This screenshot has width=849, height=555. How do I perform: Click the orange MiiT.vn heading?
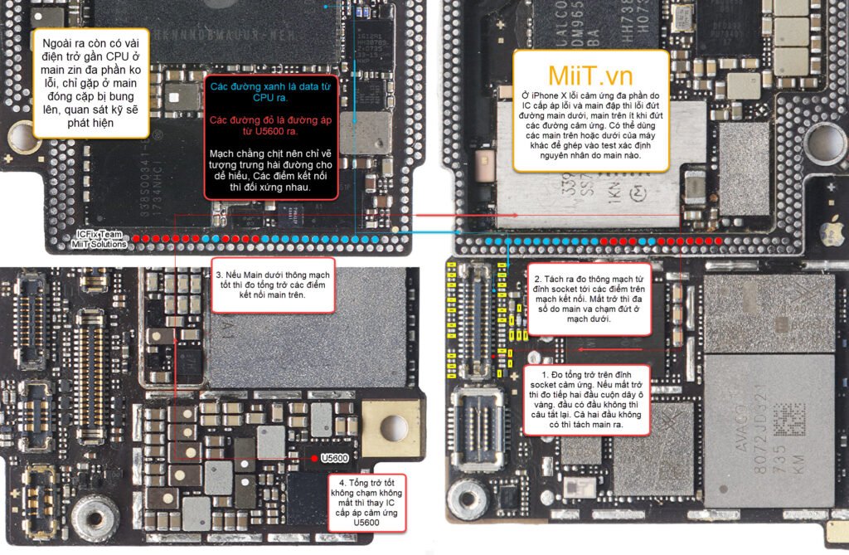click(590, 75)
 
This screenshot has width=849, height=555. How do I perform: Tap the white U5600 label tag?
click(334, 458)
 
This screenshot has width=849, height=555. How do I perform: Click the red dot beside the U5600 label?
click(313, 458)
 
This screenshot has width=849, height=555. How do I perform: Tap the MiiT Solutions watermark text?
click(99, 244)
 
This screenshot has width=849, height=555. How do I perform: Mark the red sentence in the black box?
click(270, 126)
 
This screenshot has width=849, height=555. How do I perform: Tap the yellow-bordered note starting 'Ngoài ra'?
click(90, 83)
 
